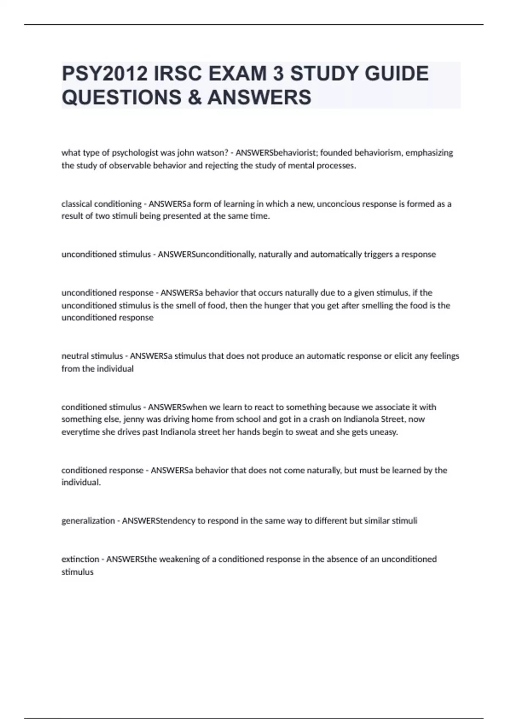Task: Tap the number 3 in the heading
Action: point(278,74)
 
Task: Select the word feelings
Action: point(444,356)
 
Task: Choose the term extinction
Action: point(80,559)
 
